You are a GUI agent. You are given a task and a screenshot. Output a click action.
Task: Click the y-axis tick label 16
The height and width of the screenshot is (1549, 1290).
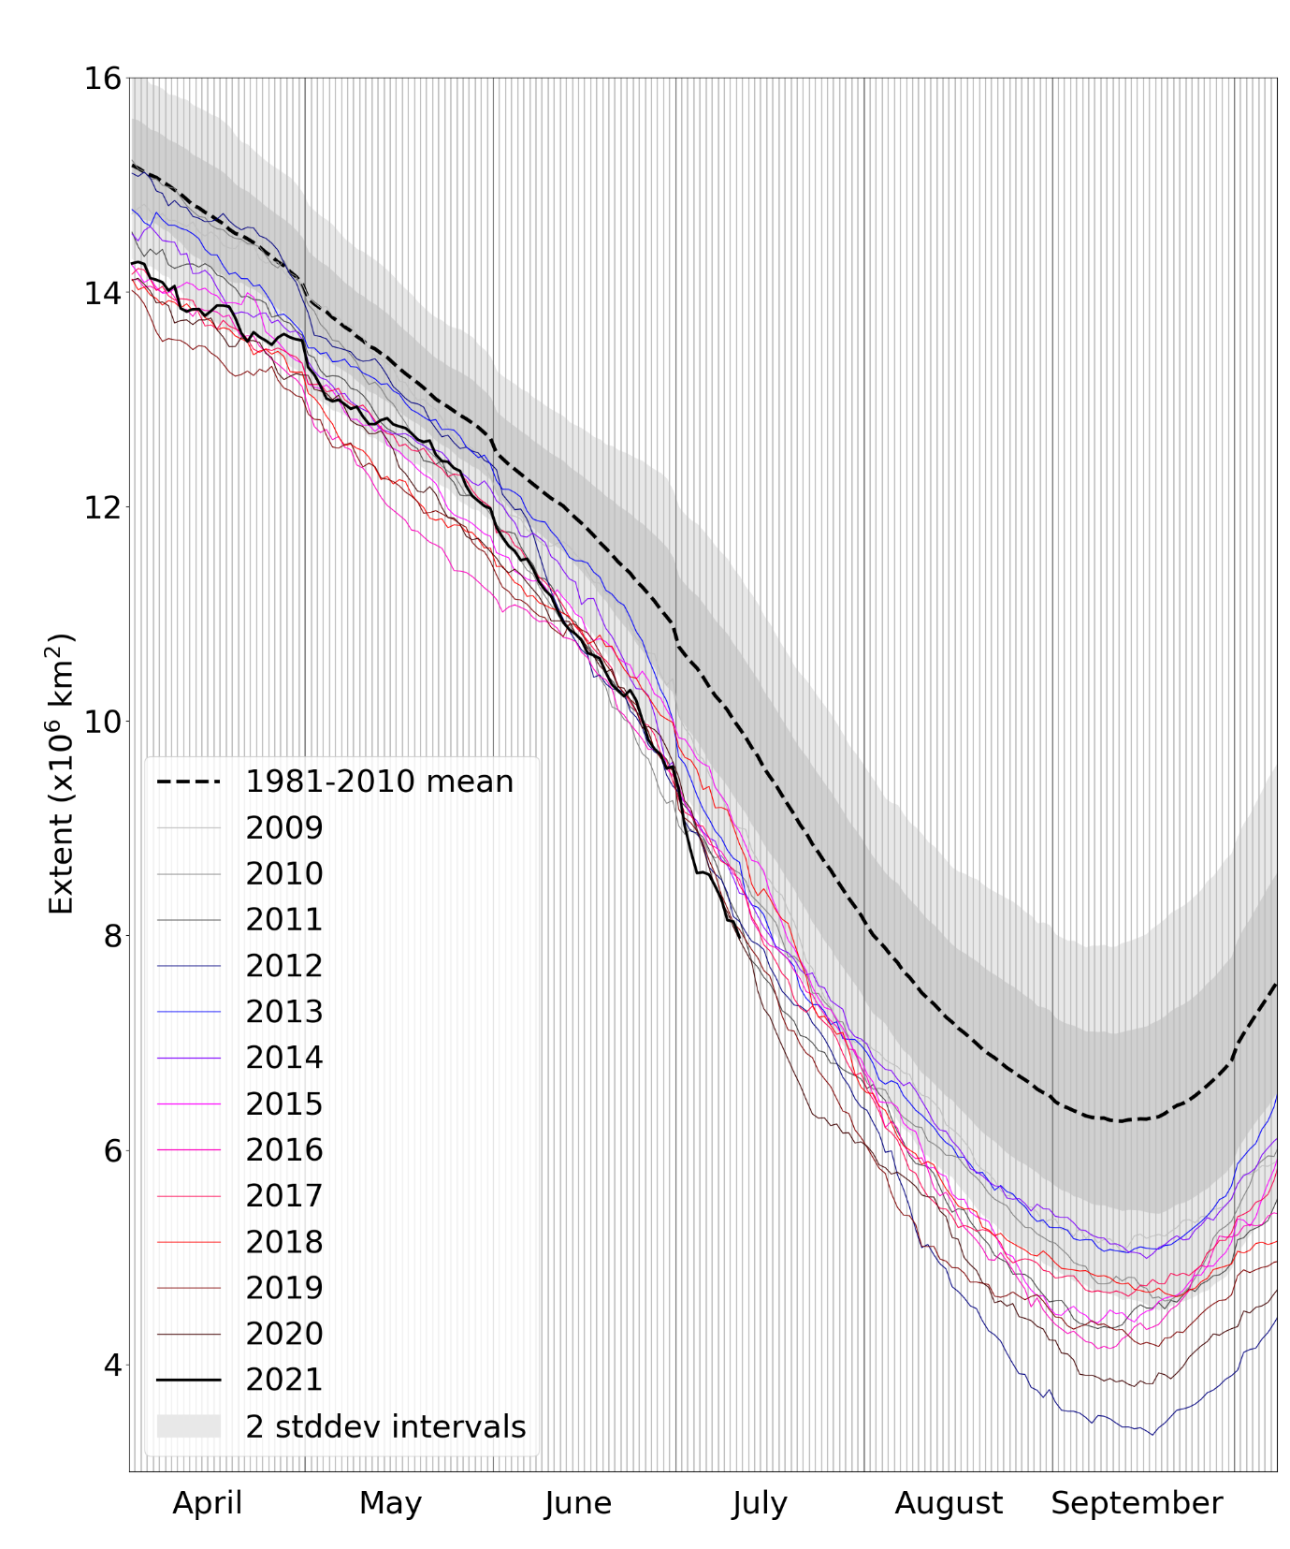pyautogui.click(x=103, y=79)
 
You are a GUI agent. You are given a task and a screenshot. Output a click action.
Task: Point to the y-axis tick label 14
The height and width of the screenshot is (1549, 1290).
pyautogui.click(x=103, y=293)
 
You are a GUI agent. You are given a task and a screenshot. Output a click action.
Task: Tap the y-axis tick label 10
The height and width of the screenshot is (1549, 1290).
pyautogui.click(x=103, y=722)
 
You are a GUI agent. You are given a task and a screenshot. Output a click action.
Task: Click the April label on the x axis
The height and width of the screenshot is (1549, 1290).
pyautogui.click(x=208, y=1503)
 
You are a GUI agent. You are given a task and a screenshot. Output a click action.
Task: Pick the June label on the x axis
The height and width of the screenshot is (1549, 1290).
pyautogui.click(x=578, y=1503)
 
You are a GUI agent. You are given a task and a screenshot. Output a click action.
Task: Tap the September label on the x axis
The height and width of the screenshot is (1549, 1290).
pyautogui.click(x=1137, y=1503)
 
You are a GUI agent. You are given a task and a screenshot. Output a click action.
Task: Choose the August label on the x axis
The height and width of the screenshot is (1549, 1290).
pyautogui.click(x=949, y=1503)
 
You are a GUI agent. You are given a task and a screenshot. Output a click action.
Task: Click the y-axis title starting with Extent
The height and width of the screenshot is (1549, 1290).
pyautogui.click(x=61, y=774)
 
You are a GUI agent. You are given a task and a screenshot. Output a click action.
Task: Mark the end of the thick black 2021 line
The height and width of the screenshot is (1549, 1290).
pyautogui.click(x=740, y=937)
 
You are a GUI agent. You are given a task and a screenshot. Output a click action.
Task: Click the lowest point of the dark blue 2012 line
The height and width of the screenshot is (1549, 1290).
pyautogui.click(x=1152, y=1434)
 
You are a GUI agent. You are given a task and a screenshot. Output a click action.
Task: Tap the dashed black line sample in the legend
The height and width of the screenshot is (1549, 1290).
pyautogui.click(x=189, y=782)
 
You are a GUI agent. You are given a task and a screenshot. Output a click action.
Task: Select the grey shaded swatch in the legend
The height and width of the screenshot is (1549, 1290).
pyautogui.click(x=189, y=1425)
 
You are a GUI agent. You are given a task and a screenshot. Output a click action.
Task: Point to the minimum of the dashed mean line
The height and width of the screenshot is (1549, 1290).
pyautogui.click(x=1117, y=1121)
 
